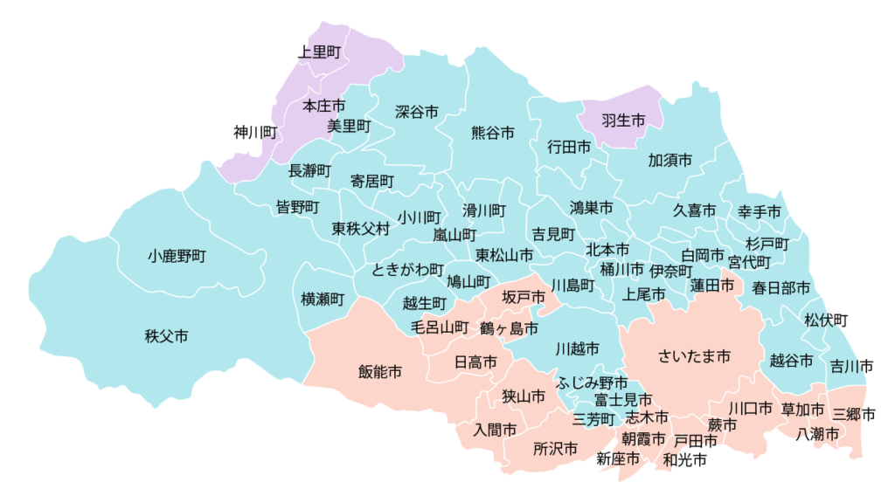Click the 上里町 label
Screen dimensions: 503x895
[319, 52]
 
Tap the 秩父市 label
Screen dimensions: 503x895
[166, 335]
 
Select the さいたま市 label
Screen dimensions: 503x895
[694, 355]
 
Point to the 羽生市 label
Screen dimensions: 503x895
[623, 121]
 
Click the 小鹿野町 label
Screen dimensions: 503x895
[177, 257]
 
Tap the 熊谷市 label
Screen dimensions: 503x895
[492, 133]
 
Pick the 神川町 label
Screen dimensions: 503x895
[255, 133]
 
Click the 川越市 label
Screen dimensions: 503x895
[578, 348]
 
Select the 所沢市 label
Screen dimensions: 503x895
[555, 449]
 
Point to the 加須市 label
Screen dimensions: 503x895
[670, 161]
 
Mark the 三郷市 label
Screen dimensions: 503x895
[854, 414]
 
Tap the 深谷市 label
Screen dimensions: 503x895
[417, 112]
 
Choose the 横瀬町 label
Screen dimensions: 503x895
[323, 299]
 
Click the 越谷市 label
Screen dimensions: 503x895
[792, 360]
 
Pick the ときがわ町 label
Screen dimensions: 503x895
[408, 269]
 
